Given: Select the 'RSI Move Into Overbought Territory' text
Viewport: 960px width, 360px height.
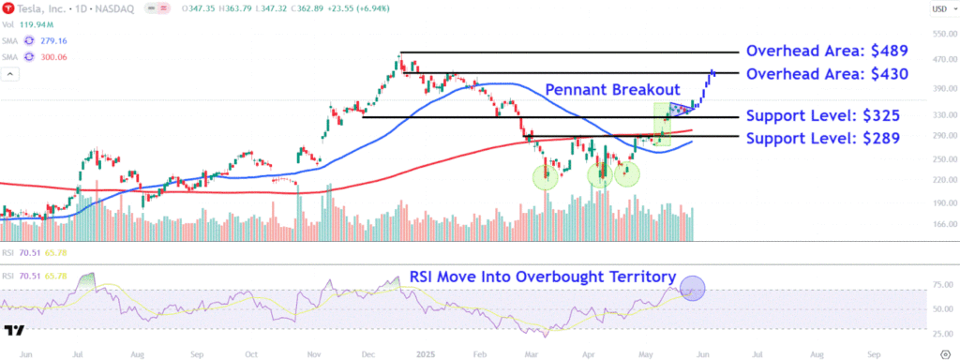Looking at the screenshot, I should point(543,277).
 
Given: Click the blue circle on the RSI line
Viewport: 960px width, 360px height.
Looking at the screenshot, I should point(692,289).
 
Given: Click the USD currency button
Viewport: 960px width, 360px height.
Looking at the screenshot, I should point(937,10).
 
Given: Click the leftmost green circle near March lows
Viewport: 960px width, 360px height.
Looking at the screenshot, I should point(545,176).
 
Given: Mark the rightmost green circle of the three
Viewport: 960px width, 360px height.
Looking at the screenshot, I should point(627,174).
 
